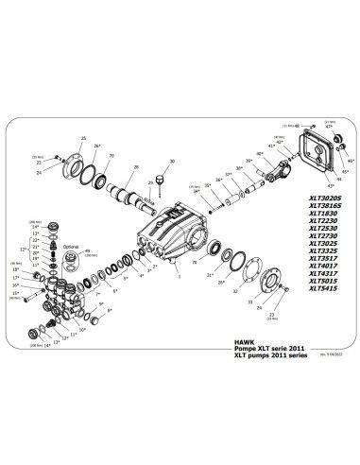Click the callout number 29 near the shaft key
tap(148, 181)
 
